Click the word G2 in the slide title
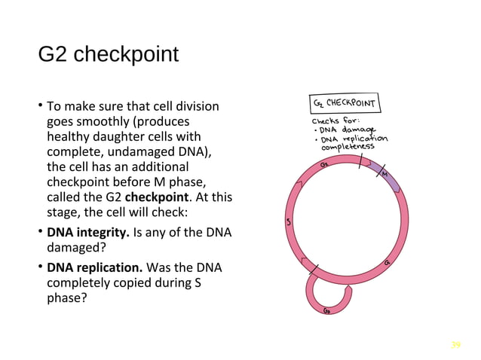coord(54,56)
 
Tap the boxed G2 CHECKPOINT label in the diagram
coord(344,102)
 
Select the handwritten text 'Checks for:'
coord(335,120)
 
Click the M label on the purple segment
coord(384,175)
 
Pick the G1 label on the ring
coord(387,263)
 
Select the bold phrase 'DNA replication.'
coord(94,267)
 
